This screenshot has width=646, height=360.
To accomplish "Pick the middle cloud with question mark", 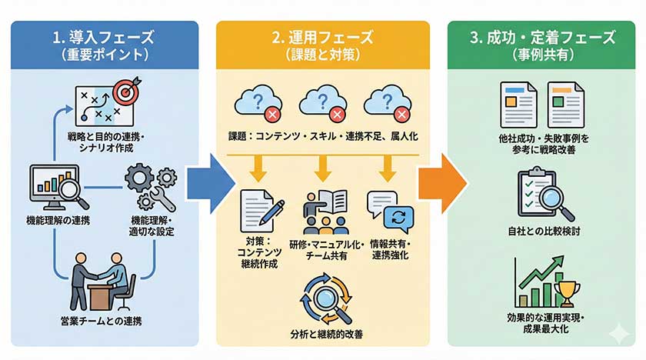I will pyautogui.click(x=321, y=104).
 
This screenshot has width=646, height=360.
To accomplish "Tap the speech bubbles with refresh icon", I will pyautogui.click(x=391, y=208).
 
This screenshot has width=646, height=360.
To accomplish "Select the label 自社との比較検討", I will pyautogui.click(x=540, y=231).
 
